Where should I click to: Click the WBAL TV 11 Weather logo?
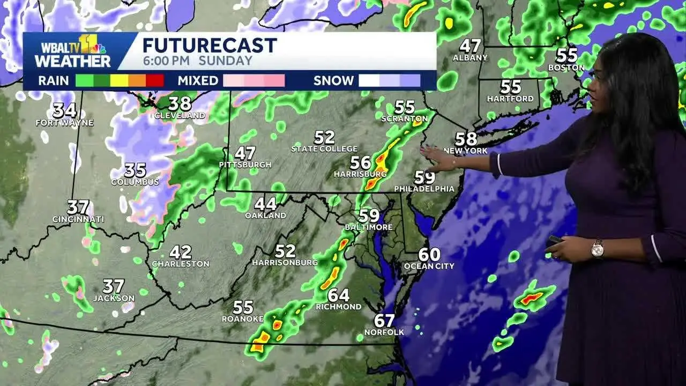pyautogui.click(x=72, y=51)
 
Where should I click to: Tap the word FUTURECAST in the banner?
pyautogui.click(x=210, y=45)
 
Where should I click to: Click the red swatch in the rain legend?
pyautogui.click(x=155, y=80)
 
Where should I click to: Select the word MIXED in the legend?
pyautogui.click(x=198, y=81)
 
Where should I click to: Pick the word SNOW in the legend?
pyautogui.click(x=333, y=81)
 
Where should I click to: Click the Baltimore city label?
pyautogui.click(x=369, y=227)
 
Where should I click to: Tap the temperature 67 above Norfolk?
pyautogui.click(x=384, y=321)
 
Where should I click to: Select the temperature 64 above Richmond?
pyautogui.click(x=339, y=295)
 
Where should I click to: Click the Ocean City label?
pyautogui.click(x=429, y=266)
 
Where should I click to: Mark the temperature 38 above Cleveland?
pyautogui.click(x=180, y=103)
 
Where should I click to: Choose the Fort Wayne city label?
pyautogui.click(x=64, y=123)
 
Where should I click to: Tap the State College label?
pyautogui.click(x=324, y=149)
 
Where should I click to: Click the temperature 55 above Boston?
pyautogui.click(x=566, y=55)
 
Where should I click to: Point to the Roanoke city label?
pyautogui.click(x=243, y=319)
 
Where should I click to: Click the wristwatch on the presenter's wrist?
pyautogui.click(x=597, y=248)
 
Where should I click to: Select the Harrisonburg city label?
pyautogui.click(x=285, y=263)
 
